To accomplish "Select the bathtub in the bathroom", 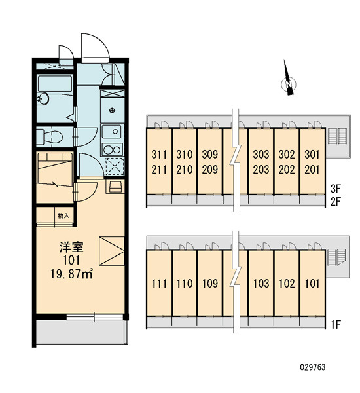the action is (55, 83).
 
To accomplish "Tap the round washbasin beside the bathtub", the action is (43, 98).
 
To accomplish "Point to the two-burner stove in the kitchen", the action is (112, 149).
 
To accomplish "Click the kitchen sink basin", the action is (112, 132).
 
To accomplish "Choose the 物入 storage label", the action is (63, 215).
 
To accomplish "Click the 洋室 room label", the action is (71, 248).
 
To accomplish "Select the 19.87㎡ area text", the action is (72, 274).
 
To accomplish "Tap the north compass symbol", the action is (289, 80).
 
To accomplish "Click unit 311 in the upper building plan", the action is (159, 155).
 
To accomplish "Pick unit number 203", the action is (261, 170).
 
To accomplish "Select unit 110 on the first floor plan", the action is (185, 284).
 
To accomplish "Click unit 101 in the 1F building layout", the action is (312, 284).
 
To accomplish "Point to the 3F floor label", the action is (336, 189).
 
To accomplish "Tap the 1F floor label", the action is (336, 325).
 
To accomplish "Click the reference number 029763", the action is (313, 367).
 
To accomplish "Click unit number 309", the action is (209, 155).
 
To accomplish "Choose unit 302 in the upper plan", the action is (287, 155).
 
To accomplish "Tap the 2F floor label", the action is (336, 202).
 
